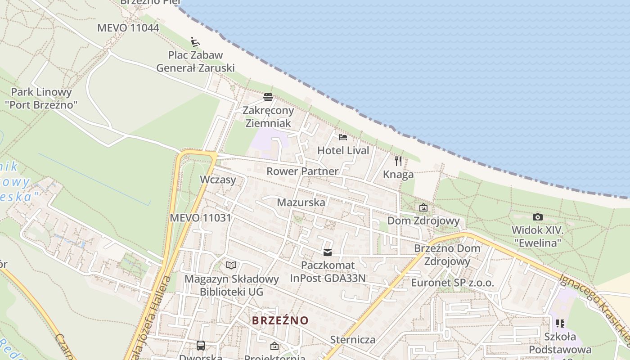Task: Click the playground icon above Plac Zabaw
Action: click(194, 42)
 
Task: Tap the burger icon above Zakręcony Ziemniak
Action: click(268, 97)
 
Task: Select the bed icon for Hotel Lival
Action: click(343, 137)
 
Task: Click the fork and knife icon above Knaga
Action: click(398, 161)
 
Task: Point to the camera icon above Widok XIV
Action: click(537, 217)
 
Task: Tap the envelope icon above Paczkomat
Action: click(328, 252)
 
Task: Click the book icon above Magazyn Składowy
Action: click(231, 265)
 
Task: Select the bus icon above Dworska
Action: click(201, 346)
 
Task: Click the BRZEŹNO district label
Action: click(280, 320)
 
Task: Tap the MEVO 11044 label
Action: click(128, 28)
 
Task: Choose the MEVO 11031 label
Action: click(200, 218)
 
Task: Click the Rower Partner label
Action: click(302, 171)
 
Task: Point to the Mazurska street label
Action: click(301, 202)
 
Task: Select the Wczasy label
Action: click(218, 180)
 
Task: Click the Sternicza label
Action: click(353, 339)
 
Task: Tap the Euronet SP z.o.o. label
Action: click(452, 283)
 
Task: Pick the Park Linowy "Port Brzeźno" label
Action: click(41, 99)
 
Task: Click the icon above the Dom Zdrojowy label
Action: click(423, 208)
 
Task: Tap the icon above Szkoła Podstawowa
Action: click(560, 323)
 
